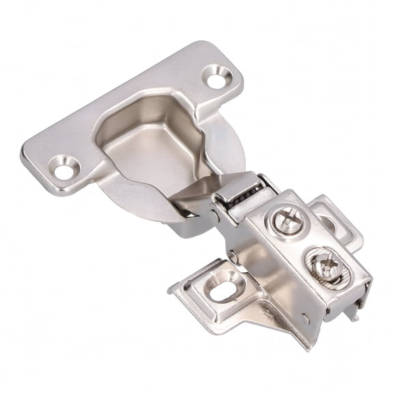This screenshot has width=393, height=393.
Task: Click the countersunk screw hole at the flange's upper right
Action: [218, 78]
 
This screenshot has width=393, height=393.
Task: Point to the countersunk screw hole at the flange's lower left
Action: [65, 166]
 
